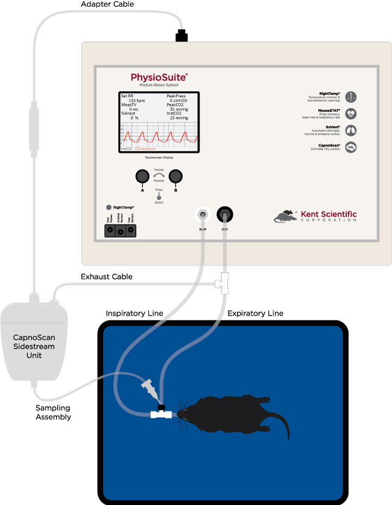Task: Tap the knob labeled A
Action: point(142,176)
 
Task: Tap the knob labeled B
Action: point(175,176)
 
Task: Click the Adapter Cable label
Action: point(107,5)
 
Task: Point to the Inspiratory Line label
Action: point(134,314)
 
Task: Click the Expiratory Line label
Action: point(254,314)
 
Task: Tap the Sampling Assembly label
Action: point(53,412)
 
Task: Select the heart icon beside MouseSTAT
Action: point(352,113)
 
